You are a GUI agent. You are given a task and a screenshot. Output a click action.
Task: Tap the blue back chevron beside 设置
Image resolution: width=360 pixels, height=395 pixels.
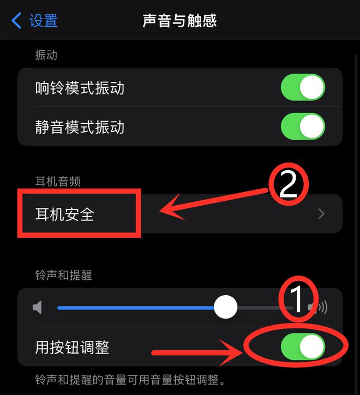[x=16, y=21]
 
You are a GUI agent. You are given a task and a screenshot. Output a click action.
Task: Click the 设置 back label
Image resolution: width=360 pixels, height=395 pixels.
[x=44, y=21]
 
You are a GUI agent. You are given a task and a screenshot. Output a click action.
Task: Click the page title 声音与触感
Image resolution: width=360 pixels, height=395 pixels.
[x=179, y=21]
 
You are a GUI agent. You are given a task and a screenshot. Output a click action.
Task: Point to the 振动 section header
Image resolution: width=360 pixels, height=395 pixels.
[x=46, y=55]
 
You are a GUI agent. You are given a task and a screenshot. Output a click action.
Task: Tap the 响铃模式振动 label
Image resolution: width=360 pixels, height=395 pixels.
[x=80, y=88]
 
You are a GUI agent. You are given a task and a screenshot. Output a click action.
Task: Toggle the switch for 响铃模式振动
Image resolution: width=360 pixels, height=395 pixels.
[x=303, y=88]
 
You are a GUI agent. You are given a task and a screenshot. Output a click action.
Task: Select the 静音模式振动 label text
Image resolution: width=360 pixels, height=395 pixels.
[x=80, y=127]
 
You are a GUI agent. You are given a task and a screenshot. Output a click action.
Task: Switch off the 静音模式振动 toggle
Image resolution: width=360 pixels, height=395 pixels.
[x=303, y=127]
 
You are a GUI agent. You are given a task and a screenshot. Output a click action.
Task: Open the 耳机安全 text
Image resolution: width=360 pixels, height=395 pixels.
[x=64, y=214]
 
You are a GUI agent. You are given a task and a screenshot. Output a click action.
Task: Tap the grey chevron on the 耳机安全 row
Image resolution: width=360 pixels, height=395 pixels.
[x=321, y=214]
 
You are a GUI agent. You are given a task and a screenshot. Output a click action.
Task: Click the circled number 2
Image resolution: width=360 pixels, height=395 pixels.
[x=287, y=185]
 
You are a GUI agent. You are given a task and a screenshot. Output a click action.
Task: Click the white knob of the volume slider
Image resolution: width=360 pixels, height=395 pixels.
[x=225, y=308]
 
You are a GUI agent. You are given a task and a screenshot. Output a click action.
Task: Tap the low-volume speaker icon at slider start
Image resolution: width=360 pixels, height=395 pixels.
[x=37, y=308]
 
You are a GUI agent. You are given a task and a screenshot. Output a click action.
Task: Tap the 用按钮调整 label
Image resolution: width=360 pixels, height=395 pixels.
[x=72, y=347]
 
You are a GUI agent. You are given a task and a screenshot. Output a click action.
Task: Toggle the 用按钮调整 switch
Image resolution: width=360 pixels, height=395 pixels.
[x=303, y=347]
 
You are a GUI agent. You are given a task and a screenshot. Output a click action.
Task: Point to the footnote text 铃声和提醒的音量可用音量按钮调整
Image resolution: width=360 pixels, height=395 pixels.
[x=130, y=379]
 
